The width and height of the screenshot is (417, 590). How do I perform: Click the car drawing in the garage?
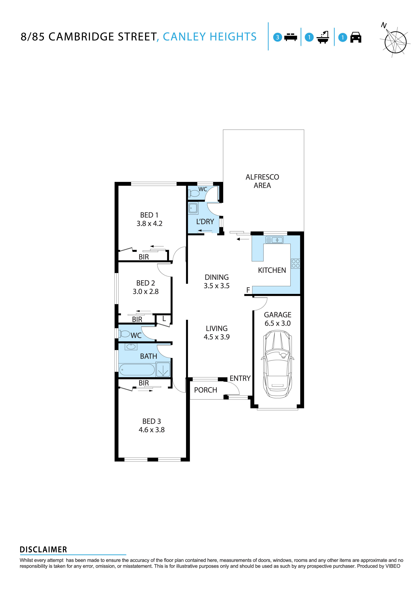point(278,364)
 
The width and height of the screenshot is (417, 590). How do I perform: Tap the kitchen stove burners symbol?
point(296,263)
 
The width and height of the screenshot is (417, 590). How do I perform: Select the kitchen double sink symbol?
point(275,240)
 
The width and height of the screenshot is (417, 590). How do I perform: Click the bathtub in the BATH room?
point(137,370)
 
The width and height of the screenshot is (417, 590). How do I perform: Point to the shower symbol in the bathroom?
point(163,370)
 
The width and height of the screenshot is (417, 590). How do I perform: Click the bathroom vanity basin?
point(131,347)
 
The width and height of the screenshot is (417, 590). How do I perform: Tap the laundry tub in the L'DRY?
point(193,208)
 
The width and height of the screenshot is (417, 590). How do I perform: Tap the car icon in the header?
point(356,37)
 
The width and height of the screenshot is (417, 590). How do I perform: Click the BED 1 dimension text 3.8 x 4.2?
point(149,224)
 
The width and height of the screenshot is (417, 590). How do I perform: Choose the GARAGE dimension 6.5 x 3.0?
point(278,323)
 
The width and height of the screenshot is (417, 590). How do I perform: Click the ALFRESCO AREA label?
point(262,181)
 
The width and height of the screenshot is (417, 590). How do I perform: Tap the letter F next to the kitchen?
point(248,290)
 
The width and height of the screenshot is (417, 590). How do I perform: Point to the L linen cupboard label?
point(164,319)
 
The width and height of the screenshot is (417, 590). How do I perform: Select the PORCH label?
point(205,390)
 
